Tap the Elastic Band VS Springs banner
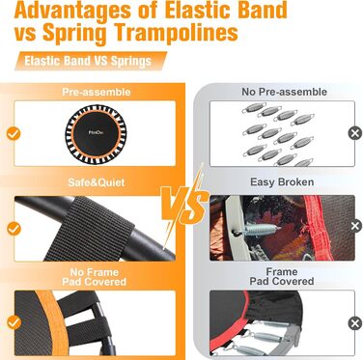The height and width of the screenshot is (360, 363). click(x=91, y=61)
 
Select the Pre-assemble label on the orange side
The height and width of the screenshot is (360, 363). click(x=97, y=92)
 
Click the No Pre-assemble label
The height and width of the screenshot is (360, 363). click(x=284, y=92)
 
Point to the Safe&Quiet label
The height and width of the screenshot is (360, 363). click(x=97, y=182)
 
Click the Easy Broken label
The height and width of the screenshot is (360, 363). click(x=282, y=182)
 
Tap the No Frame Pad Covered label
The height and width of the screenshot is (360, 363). click(x=95, y=277)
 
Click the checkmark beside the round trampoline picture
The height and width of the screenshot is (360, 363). click(x=14, y=133)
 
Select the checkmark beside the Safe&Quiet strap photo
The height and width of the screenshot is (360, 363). click(x=14, y=229)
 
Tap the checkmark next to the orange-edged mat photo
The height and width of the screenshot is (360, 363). click(x=14, y=322)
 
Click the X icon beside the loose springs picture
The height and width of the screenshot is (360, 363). click(x=355, y=133)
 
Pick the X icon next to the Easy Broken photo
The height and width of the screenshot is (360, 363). click(x=355, y=226)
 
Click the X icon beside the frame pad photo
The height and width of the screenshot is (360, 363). click(x=355, y=323)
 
